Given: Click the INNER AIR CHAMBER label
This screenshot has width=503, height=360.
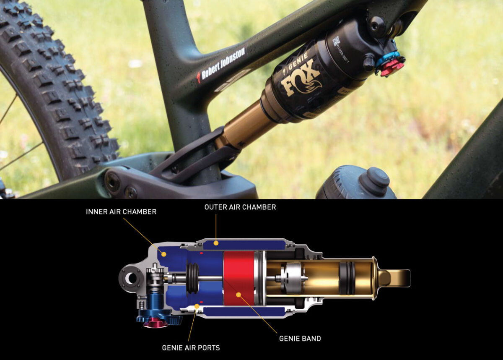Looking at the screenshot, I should pos(121,212).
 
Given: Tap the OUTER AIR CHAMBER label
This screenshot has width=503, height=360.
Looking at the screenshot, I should pos(240,207).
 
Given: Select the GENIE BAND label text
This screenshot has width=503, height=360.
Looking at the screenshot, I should pos(300,338).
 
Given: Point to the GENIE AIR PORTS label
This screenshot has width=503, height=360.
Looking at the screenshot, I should pos(191,348).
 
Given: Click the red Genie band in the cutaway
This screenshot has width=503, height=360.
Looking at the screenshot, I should pos(239,278).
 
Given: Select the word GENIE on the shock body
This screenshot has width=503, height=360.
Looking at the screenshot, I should pos(301,62).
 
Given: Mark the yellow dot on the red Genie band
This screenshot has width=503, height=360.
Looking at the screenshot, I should pos(238,295).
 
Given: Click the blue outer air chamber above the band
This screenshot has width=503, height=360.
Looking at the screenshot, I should pos(243,245).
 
